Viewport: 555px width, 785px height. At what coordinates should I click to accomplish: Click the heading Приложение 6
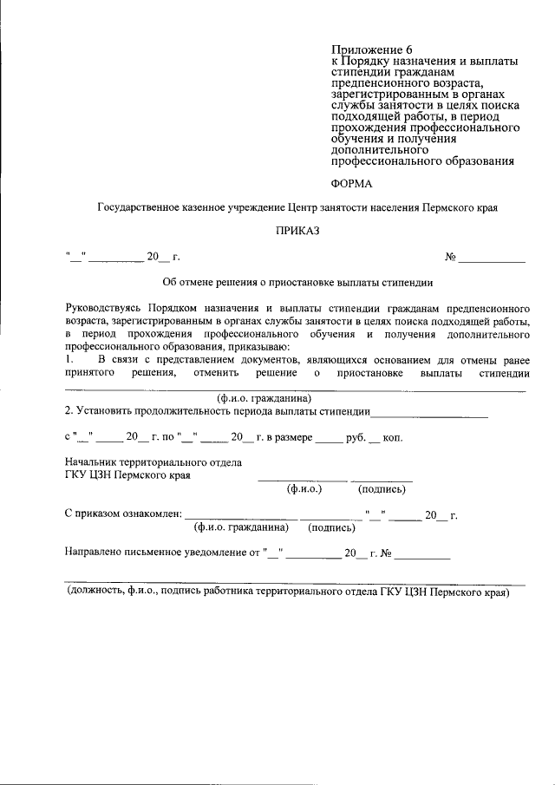[x=374, y=49]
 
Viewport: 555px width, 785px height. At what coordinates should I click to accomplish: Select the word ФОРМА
[x=353, y=183]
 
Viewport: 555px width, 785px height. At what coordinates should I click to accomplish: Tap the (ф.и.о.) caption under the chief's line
[x=304, y=489]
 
